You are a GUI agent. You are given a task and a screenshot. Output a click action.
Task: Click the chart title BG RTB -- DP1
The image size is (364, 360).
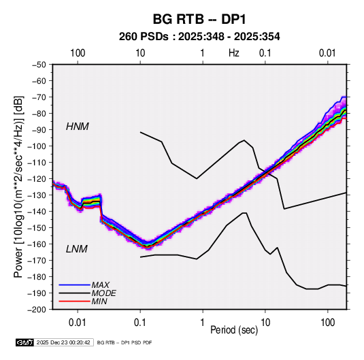pyautogui.click(x=199, y=19)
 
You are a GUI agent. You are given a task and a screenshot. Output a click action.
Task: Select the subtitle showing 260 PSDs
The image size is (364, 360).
pyautogui.click(x=199, y=37)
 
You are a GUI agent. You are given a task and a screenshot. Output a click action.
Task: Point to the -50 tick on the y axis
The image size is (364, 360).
pyautogui.click(x=39, y=65)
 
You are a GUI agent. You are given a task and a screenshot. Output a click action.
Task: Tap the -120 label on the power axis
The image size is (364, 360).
pyautogui.click(x=37, y=179)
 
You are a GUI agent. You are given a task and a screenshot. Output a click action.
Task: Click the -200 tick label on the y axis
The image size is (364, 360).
pyautogui.click(x=37, y=310)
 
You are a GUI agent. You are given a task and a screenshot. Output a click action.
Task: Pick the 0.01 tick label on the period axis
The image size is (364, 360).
pyautogui.click(x=78, y=323)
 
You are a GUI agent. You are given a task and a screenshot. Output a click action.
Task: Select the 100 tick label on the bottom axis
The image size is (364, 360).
pyautogui.click(x=327, y=323)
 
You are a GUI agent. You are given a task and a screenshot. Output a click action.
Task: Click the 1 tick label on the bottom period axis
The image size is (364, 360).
pyautogui.click(x=203, y=323)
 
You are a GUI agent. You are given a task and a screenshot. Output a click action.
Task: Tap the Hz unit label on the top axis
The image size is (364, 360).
pyautogui.click(x=234, y=53)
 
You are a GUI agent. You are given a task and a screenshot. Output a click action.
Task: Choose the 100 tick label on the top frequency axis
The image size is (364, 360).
pyautogui.click(x=78, y=53)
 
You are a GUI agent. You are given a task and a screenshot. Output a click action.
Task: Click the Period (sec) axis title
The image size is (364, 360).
pyautogui.click(x=234, y=330)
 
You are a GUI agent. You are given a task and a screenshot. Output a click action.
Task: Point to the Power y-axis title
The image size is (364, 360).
pyautogui.click(x=18, y=187)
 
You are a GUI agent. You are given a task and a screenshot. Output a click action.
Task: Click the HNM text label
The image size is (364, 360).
pyautogui.click(x=78, y=127)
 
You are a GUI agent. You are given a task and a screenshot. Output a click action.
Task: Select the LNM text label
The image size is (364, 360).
pyautogui.click(x=77, y=249)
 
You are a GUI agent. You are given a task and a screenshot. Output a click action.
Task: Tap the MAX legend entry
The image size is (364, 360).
pyautogui.click(x=100, y=285)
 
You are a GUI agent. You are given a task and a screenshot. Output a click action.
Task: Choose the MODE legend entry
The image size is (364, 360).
pyautogui.click(x=104, y=293)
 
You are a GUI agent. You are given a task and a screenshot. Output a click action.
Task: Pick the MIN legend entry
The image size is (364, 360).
pyautogui.click(x=99, y=301)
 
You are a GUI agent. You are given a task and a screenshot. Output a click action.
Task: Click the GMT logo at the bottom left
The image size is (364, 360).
pyautogui.click(x=25, y=342)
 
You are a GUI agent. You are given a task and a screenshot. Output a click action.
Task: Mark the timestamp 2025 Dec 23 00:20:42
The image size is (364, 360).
pyautogui.click(x=63, y=342)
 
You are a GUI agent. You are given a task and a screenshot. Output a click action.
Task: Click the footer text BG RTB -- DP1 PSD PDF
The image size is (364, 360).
pyautogui.click(x=125, y=342)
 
